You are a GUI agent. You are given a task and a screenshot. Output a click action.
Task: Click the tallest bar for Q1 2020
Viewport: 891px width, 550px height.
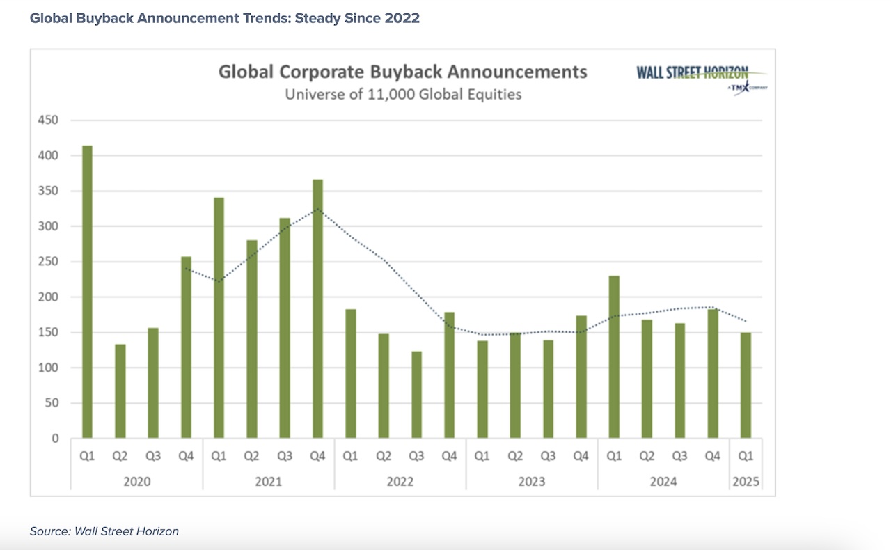(87, 292)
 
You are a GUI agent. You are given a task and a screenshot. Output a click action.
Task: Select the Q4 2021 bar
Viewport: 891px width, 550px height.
(317, 309)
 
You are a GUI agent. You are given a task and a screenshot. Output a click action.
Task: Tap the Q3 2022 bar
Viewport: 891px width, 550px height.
(416, 395)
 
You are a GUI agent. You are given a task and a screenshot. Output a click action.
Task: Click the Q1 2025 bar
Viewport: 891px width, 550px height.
(746, 386)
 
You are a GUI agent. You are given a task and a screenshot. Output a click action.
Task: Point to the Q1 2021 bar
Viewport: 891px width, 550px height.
(219, 318)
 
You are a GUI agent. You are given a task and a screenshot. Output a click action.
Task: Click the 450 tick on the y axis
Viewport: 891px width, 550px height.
(48, 120)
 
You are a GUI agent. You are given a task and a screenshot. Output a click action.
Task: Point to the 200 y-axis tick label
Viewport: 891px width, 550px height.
(48, 297)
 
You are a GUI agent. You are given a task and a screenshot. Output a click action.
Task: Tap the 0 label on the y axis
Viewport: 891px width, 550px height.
(54, 439)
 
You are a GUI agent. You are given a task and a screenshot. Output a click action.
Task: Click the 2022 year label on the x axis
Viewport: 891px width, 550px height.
(400, 481)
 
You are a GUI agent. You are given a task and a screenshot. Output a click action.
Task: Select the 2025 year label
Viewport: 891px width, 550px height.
(746, 481)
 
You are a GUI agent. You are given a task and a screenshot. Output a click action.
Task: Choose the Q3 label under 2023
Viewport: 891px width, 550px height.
(548, 457)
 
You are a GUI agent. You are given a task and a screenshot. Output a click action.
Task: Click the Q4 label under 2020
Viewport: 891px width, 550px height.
(186, 457)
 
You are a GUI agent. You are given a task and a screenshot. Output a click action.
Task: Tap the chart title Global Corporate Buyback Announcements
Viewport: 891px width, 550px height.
(402, 72)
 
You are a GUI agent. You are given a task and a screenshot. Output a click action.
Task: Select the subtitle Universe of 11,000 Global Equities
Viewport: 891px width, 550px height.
(402, 94)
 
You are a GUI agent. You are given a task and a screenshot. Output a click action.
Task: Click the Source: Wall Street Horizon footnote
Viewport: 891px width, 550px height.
(104, 531)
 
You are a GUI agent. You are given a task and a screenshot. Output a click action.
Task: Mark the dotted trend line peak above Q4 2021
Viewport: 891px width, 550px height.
(317, 208)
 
